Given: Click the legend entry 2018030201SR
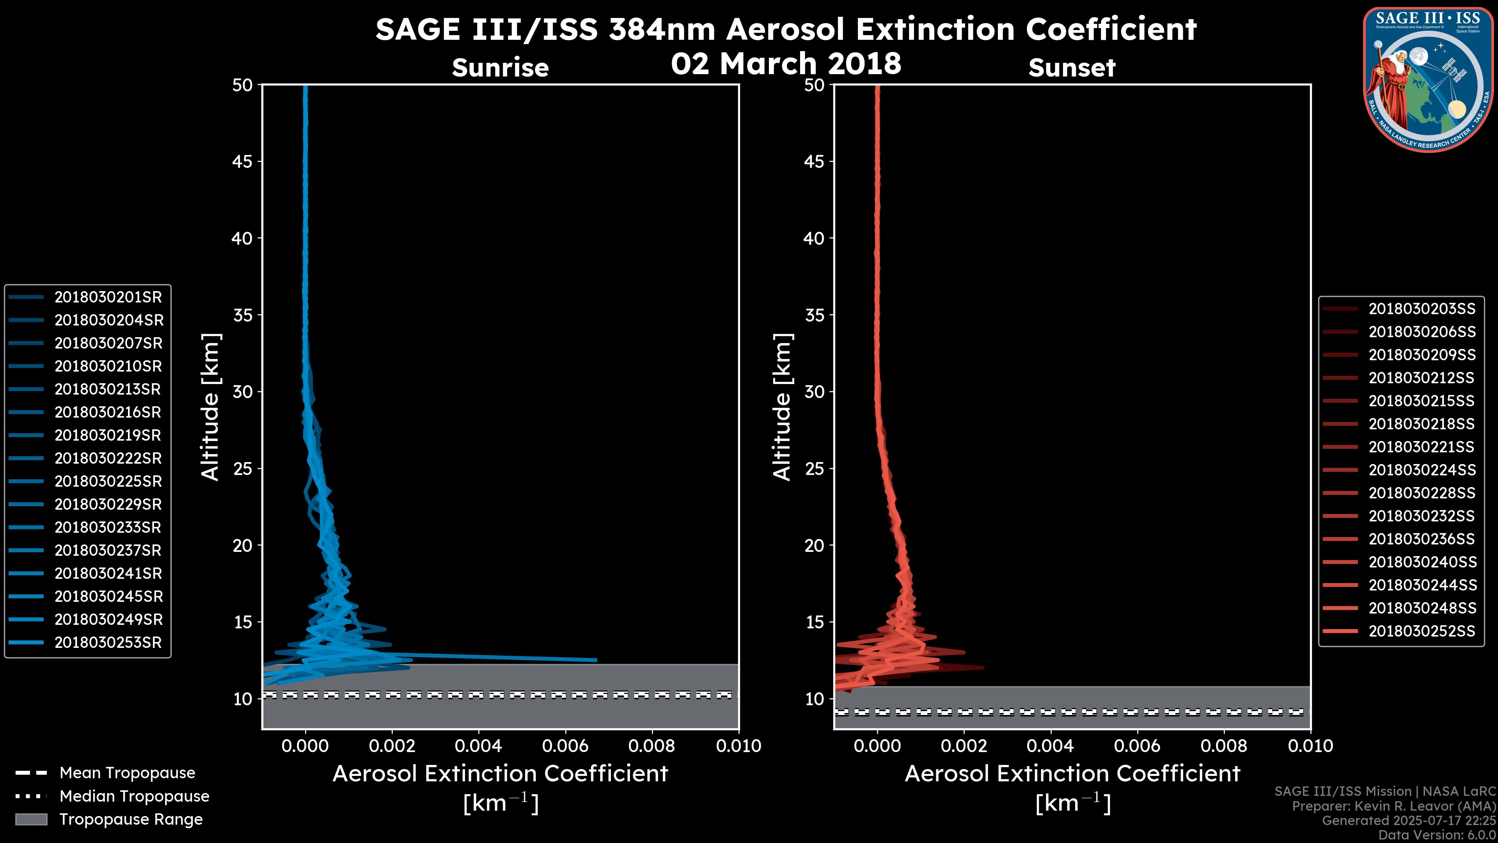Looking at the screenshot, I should (108, 297).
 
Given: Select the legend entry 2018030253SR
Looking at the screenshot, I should (108, 643).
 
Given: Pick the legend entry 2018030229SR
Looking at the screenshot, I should (108, 504).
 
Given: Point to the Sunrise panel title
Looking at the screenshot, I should (500, 68).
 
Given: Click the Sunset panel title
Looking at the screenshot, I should (1072, 68).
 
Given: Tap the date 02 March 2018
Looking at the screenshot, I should (786, 63).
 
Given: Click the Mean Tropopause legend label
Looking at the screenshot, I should (127, 773).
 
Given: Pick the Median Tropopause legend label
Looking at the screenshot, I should (134, 797).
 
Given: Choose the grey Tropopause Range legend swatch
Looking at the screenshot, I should (31, 820).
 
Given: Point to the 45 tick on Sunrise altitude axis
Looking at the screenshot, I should (243, 162).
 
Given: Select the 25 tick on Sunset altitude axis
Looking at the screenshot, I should (814, 469).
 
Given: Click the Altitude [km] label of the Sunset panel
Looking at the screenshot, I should (782, 407).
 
